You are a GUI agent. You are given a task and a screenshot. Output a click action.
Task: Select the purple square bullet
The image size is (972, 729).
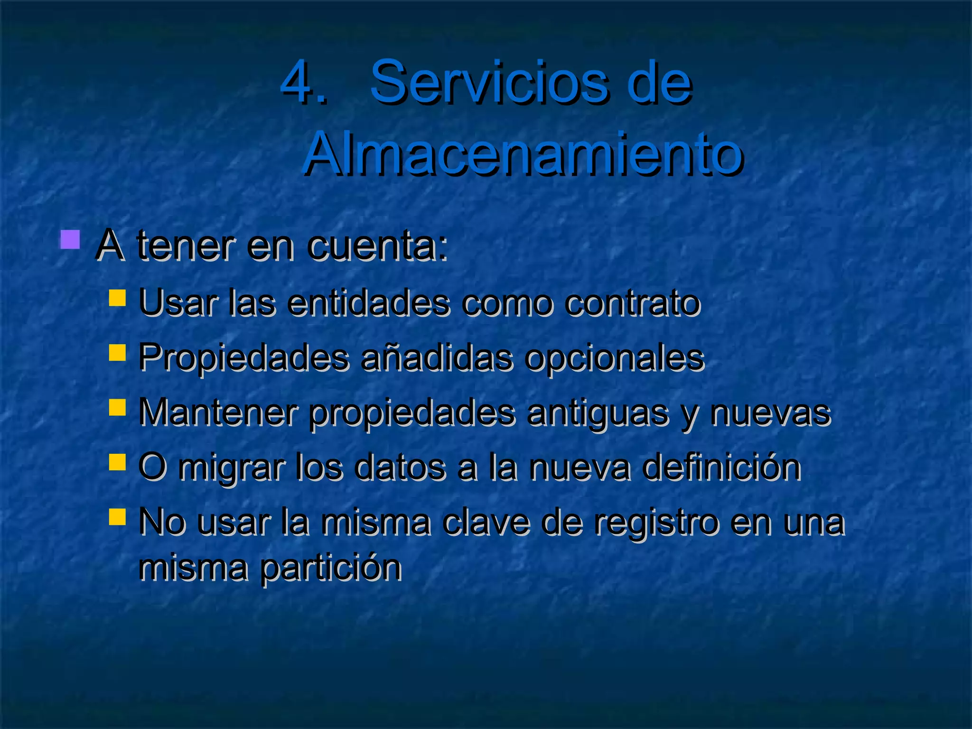pos(70,240)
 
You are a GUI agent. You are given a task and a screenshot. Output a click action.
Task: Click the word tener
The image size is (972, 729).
pos(186,246)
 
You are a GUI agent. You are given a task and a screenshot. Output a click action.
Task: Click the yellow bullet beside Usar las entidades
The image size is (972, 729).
pos(117,298)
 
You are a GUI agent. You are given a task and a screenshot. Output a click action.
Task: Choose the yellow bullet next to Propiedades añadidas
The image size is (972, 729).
pos(117,353)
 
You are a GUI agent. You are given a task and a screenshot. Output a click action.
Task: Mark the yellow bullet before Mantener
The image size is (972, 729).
pos(117,407)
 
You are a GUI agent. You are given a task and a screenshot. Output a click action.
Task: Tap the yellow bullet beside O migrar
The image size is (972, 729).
pos(117,462)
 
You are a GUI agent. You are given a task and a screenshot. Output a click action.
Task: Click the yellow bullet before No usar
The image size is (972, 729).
pos(117,517)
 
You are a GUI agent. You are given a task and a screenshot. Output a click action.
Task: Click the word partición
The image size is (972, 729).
pos(331,568)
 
